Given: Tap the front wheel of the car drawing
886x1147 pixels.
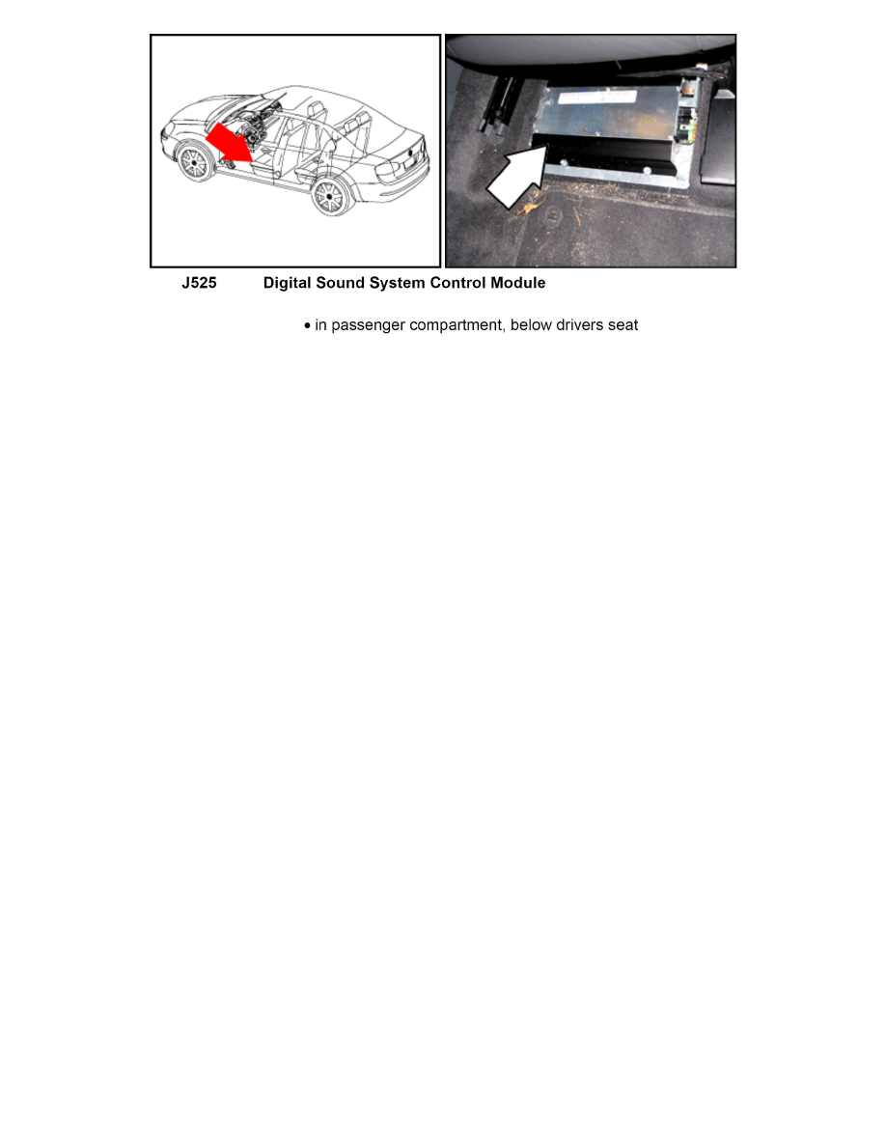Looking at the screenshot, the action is [195, 164].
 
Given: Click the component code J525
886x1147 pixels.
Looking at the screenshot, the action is [200, 283].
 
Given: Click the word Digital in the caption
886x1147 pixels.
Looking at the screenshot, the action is [288, 283].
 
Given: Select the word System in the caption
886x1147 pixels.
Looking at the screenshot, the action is [397, 283].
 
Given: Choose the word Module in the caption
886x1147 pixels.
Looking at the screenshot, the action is [518, 283].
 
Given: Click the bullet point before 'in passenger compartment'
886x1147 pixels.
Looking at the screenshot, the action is [308, 325].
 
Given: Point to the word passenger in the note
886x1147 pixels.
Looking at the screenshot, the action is [368, 325].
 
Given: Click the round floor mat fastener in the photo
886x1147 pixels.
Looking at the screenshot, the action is [553, 215].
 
